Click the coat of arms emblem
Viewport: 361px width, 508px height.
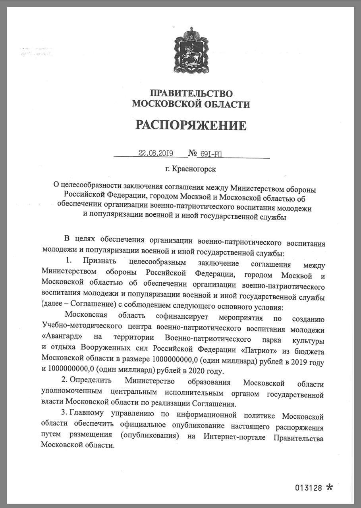(191, 51)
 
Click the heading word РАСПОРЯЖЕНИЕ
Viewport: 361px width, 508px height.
(191, 125)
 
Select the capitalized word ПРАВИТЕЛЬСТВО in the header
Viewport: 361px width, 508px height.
(191, 94)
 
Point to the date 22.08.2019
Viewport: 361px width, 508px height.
(156, 153)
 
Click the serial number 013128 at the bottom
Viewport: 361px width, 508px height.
(308, 488)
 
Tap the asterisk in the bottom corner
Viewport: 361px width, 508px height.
(329, 487)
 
